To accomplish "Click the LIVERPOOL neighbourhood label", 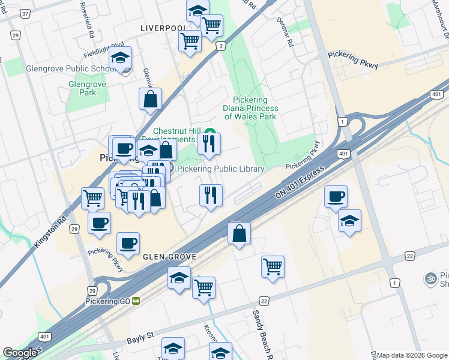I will click(161, 28).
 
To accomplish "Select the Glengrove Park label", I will click(87, 89).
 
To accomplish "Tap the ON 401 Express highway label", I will click(300, 181).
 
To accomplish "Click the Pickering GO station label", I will click(109, 301).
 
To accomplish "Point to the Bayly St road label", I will click(140, 341).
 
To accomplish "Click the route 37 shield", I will click(25, 13).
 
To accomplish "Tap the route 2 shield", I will click(221, 46).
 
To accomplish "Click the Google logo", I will click(20, 353).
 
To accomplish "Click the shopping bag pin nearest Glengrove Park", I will click(150, 99).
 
